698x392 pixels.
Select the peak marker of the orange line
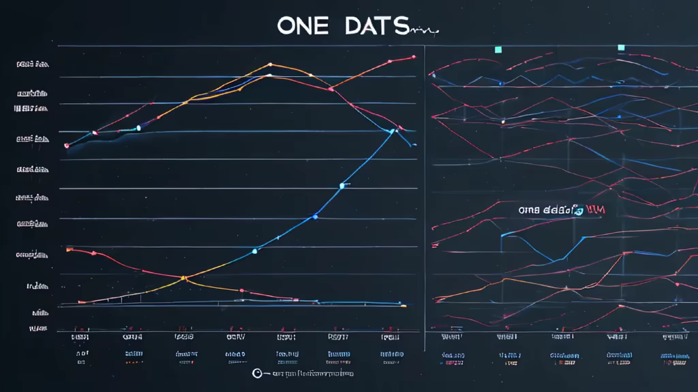[x=271, y=64]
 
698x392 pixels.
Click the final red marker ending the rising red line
[x=414, y=57]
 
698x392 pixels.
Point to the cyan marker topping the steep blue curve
[x=393, y=131]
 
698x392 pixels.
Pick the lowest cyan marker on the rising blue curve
[x=254, y=251]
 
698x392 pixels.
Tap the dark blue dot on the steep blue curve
[x=315, y=216]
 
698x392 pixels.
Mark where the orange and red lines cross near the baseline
[x=184, y=278]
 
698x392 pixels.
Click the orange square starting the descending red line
[x=68, y=250]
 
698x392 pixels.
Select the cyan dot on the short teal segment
[x=138, y=127]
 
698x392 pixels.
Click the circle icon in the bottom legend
[x=257, y=373]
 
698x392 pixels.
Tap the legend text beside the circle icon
[x=310, y=374]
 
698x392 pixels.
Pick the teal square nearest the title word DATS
[x=498, y=49]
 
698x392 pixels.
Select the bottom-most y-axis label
[x=38, y=329]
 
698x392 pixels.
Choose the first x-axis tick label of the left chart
[x=81, y=336]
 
